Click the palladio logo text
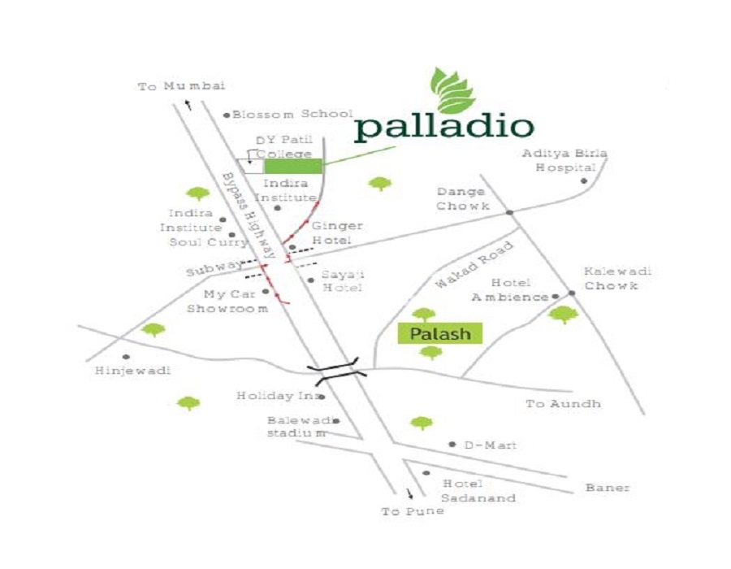444,128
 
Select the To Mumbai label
181,86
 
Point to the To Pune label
413,511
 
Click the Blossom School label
292,115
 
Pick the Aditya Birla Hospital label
564,160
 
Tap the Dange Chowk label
463,199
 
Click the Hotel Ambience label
510,290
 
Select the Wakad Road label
475,264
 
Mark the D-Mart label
490,445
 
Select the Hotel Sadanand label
478,491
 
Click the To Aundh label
563,404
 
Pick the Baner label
608,488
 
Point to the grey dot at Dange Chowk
509,212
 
